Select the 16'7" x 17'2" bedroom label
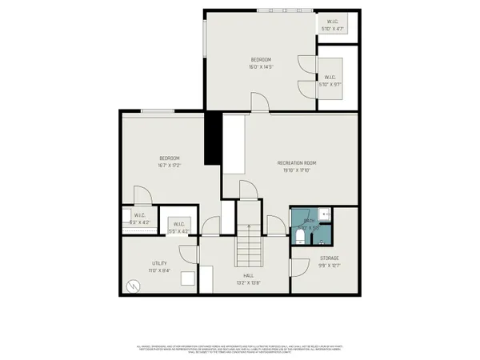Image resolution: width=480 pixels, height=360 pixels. click(169, 166)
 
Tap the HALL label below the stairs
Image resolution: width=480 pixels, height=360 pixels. click(249, 275)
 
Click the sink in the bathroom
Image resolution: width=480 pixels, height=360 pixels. click(326, 214)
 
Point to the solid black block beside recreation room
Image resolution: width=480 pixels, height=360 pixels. click(213, 138)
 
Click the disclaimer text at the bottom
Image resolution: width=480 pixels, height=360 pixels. click(240, 349)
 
